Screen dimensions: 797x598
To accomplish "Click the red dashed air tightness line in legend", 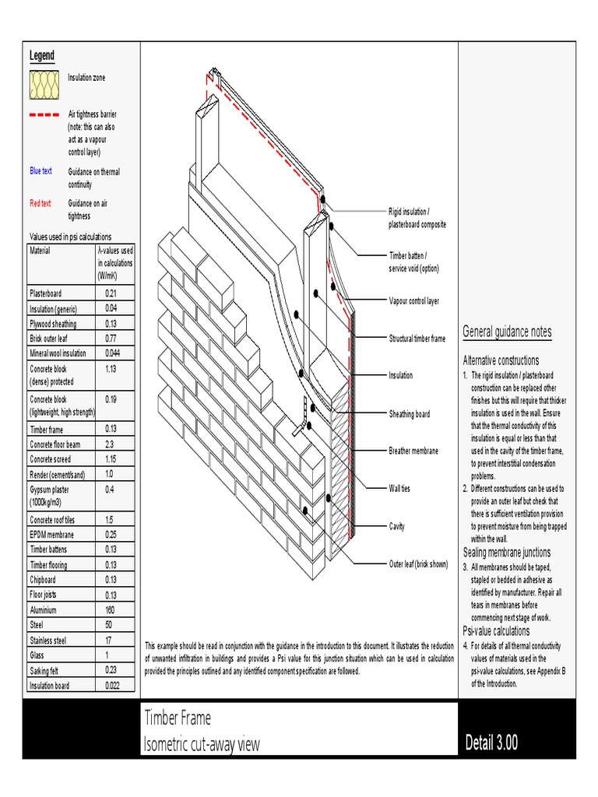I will coord(44,114).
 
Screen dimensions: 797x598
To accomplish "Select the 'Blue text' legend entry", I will coord(40,171).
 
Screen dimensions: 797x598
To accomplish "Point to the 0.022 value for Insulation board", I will coord(114,686).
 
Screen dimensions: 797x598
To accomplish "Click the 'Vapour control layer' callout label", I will coord(413,300).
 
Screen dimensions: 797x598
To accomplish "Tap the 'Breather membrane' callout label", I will coord(413,451).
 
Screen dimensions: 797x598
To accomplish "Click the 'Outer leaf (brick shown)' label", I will coord(418,564).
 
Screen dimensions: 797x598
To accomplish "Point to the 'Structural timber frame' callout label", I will coord(417,339).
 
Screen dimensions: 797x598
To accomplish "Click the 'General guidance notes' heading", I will coord(507,332).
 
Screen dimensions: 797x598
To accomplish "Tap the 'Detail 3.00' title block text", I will coord(491,743).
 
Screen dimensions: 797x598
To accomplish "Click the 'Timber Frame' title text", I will coord(178,718).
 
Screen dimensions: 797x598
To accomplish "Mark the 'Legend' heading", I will coord(42,55).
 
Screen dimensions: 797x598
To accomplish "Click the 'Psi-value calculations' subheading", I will coord(496,631).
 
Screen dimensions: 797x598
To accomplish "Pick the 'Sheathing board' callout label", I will coord(409,414).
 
